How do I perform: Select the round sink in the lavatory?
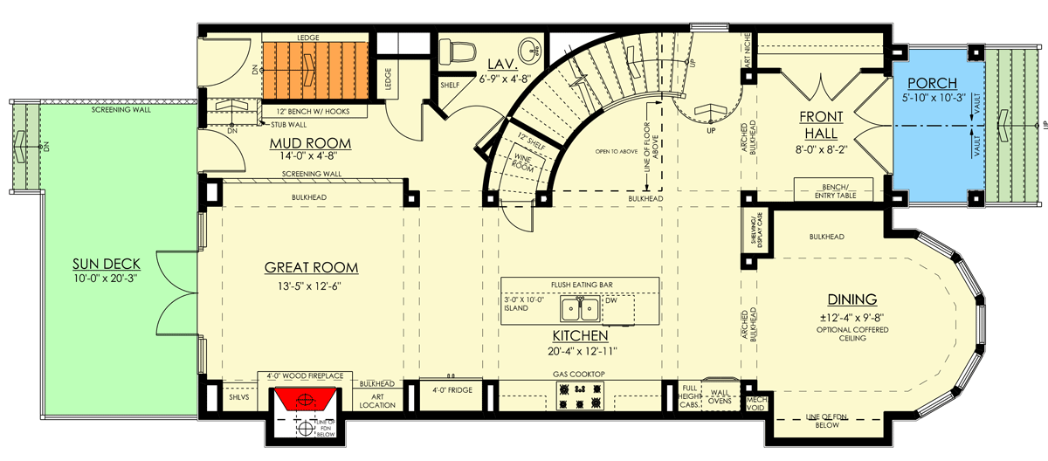tap(530, 47)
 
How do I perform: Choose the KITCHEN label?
tap(580, 335)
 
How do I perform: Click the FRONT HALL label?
tap(818, 125)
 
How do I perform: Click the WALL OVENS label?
tap(721, 397)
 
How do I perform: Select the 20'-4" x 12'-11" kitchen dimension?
tap(580, 351)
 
